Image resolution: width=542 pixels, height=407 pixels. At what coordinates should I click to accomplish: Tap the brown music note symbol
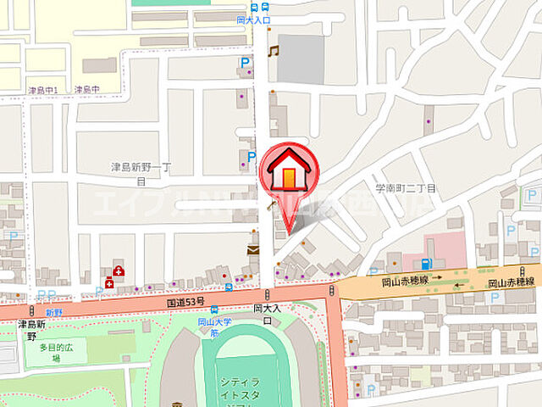pos(273,52)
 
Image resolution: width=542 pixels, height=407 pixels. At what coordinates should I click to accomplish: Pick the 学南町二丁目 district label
pos(406,187)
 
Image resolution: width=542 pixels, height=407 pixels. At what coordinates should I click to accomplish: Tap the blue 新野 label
pos(54,312)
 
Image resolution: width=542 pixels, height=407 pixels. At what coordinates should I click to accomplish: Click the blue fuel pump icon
pos(427,263)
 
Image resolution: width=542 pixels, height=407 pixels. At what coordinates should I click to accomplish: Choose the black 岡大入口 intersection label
pos(266,315)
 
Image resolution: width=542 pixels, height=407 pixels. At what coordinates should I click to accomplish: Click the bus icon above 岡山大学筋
pos(215,310)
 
